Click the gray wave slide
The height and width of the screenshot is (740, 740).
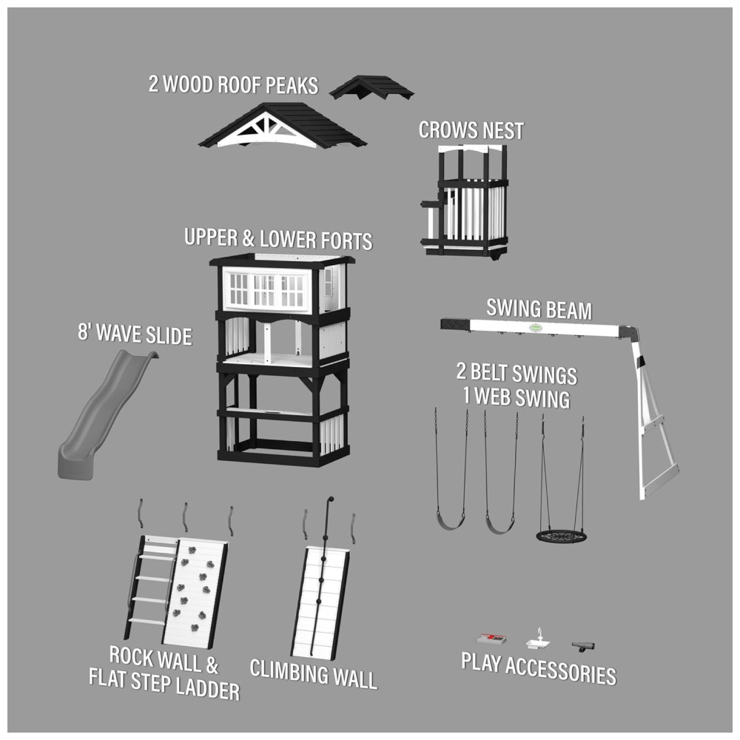tap(101, 415)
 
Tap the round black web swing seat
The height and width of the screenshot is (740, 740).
tap(561, 536)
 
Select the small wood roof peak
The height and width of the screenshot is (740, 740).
tap(372, 87)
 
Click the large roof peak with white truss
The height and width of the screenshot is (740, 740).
tap(282, 125)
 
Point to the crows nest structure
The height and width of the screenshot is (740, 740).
tap(465, 202)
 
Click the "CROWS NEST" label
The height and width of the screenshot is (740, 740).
tap(471, 131)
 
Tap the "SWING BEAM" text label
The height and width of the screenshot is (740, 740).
tap(539, 309)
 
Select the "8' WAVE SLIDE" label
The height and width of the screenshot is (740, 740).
tap(135, 334)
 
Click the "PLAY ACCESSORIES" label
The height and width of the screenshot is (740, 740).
tap(539, 668)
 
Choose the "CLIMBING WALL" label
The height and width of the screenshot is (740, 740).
tap(313, 674)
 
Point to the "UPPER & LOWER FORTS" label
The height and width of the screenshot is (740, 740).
tap(278, 239)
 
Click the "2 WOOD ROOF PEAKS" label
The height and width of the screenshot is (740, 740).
tap(234, 84)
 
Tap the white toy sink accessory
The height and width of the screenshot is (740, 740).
tap(540, 642)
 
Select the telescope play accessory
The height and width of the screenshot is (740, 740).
tap(583, 646)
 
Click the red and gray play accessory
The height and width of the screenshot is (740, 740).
tap(491, 639)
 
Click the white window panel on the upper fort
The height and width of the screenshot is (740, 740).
tap(266, 289)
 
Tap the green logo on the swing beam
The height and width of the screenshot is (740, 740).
tap(536, 327)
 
